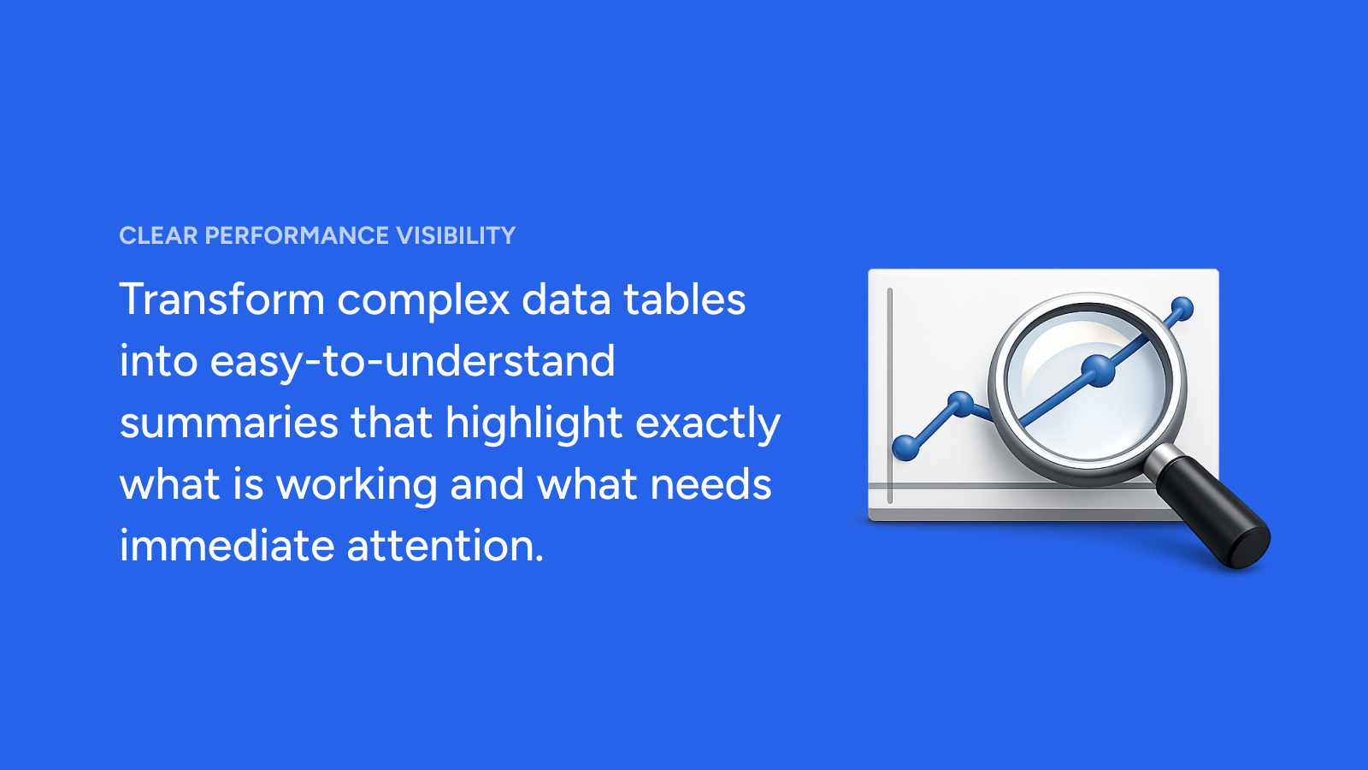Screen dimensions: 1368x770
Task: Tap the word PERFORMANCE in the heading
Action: coord(296,236)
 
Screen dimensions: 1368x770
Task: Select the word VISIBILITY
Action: coord(456,236)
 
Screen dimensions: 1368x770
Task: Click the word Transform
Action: coord(221,299)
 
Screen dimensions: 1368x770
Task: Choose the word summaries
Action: coord(228,423)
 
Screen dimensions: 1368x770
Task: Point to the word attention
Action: coord(445,546)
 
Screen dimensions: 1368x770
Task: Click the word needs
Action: coord(711,484)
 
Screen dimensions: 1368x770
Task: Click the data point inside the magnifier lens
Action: coord(1098,370)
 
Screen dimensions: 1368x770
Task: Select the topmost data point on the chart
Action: coord(1182,309)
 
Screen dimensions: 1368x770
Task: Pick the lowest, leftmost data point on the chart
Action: coord(905,448)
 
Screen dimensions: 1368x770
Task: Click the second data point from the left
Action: coord(960,404)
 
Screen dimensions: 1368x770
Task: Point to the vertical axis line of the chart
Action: coord(890,395)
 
